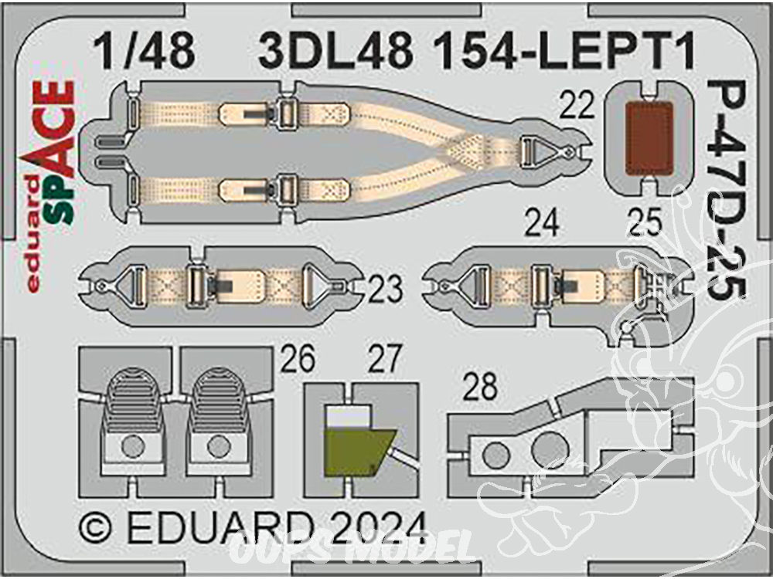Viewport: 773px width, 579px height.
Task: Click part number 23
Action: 385,289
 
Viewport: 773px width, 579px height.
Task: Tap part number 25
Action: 645,225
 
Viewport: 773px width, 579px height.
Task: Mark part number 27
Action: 384,360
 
